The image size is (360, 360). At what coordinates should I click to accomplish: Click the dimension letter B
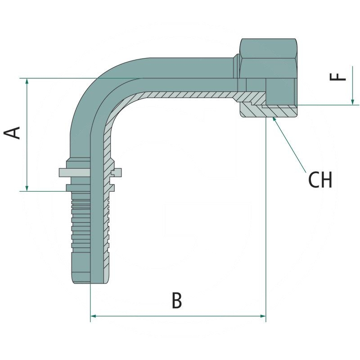(177, 301)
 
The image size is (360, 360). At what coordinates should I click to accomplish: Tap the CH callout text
(320, 180)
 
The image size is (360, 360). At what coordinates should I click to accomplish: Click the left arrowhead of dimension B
(94, 316)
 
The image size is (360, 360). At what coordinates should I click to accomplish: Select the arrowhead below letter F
(351, 101)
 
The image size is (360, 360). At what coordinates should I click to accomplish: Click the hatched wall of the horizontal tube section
(189, 96)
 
